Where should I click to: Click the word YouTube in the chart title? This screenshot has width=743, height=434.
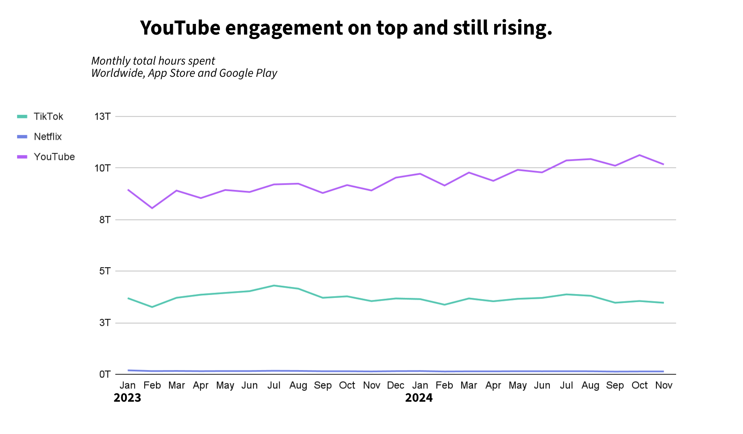coord(180,28)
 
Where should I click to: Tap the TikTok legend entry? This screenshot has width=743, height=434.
coord(48,117)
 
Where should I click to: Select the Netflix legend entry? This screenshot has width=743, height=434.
coord(47,137)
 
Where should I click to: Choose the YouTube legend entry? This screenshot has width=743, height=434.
coord(54,157)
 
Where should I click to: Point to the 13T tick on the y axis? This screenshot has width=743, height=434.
coord(103,117)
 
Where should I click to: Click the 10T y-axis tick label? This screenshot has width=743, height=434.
coord(103,168)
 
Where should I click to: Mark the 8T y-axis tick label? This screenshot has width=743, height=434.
coord(105,220)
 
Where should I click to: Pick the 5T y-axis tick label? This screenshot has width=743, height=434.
coord(105,271)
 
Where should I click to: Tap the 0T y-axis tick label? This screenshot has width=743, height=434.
coord(105,375)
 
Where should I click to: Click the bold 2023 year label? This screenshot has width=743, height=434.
coord(127,398)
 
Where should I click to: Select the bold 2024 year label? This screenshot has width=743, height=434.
coord(419,398)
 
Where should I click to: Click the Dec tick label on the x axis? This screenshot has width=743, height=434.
coord(395,385)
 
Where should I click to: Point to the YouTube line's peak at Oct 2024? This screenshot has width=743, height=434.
coord(639,155)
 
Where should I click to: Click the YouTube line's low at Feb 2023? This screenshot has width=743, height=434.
coord(152,208)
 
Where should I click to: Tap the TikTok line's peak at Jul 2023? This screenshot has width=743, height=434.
coord(274,285)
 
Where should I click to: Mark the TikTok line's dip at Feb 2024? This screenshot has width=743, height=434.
coord(444,304)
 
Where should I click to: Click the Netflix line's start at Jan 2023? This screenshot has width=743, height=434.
coord(128,370)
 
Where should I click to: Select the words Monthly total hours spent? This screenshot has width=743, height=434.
coord(153,61)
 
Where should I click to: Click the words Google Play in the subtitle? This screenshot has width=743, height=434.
coord(248,73)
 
